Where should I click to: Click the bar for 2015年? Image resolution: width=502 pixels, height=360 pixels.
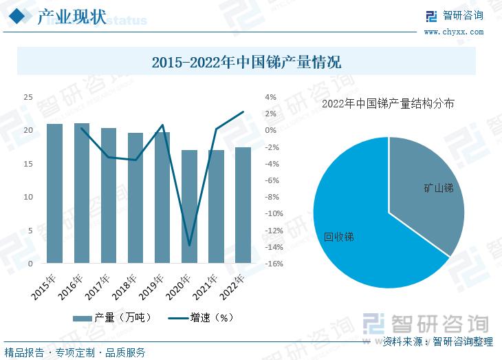point(55,193)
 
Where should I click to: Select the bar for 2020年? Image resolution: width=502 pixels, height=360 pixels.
point(189,207)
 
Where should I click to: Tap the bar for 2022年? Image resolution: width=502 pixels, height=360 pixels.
point(243,205)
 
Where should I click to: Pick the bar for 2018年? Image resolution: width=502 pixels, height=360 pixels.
point(135,198)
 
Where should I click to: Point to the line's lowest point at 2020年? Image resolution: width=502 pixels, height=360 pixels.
point(189,245)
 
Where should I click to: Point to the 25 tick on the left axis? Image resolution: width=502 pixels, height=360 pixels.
point(28,97)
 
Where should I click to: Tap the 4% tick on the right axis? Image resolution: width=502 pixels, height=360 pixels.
point(270,97)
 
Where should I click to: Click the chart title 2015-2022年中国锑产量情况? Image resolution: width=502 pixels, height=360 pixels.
point(246,63)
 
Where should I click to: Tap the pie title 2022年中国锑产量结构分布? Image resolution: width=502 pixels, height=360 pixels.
point(389,104)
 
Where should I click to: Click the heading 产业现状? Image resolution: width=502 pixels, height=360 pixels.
point(72,17)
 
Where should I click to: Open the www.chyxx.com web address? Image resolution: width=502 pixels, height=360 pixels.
point(453,32)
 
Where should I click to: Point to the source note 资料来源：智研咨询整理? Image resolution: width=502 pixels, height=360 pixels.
point(438,341)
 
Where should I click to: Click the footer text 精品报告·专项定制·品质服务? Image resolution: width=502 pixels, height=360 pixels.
point(75,352)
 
